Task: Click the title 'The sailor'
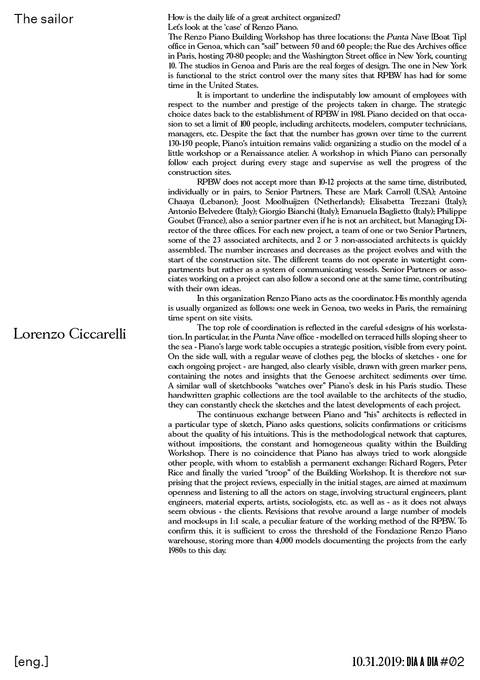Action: (x=44, y=19)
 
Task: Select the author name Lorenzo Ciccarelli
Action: (x=70, y=334)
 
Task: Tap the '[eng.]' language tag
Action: (x=31, y=661)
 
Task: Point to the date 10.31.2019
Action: (x=377, y=661)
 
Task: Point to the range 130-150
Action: (x=182, y=143)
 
